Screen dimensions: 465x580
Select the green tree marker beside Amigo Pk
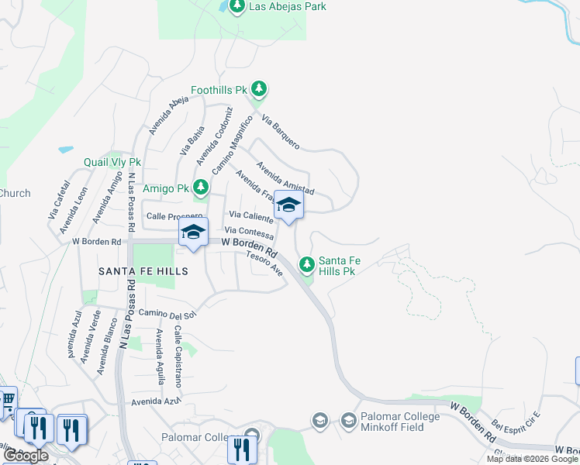coord(201,188)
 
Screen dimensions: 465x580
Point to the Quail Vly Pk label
coord(112,163)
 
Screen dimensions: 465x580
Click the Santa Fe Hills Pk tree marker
coord(307,265)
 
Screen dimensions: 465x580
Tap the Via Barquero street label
coord(281,132)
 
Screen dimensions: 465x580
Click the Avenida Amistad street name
coord(286,179)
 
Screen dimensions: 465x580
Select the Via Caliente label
coord(250,215)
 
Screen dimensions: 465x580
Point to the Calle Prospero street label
coord(174,216)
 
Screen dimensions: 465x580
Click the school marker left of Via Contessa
coord(193,232)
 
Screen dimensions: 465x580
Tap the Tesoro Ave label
coord(265,263)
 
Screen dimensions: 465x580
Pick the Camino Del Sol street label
coord(169,313)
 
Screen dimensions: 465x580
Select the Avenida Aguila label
coord(160,353)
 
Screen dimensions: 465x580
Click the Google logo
coord(26,456)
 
